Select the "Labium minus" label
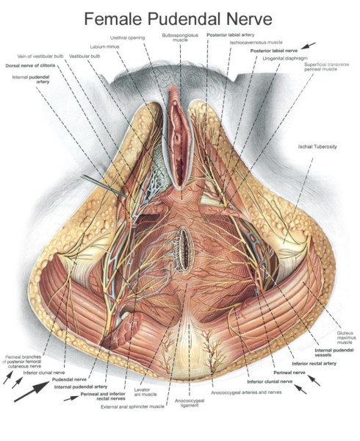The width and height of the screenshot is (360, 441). [x=104, y=46]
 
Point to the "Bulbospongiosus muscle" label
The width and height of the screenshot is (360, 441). [x=177, y=37]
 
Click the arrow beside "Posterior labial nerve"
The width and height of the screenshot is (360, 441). [x=311, y=46]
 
